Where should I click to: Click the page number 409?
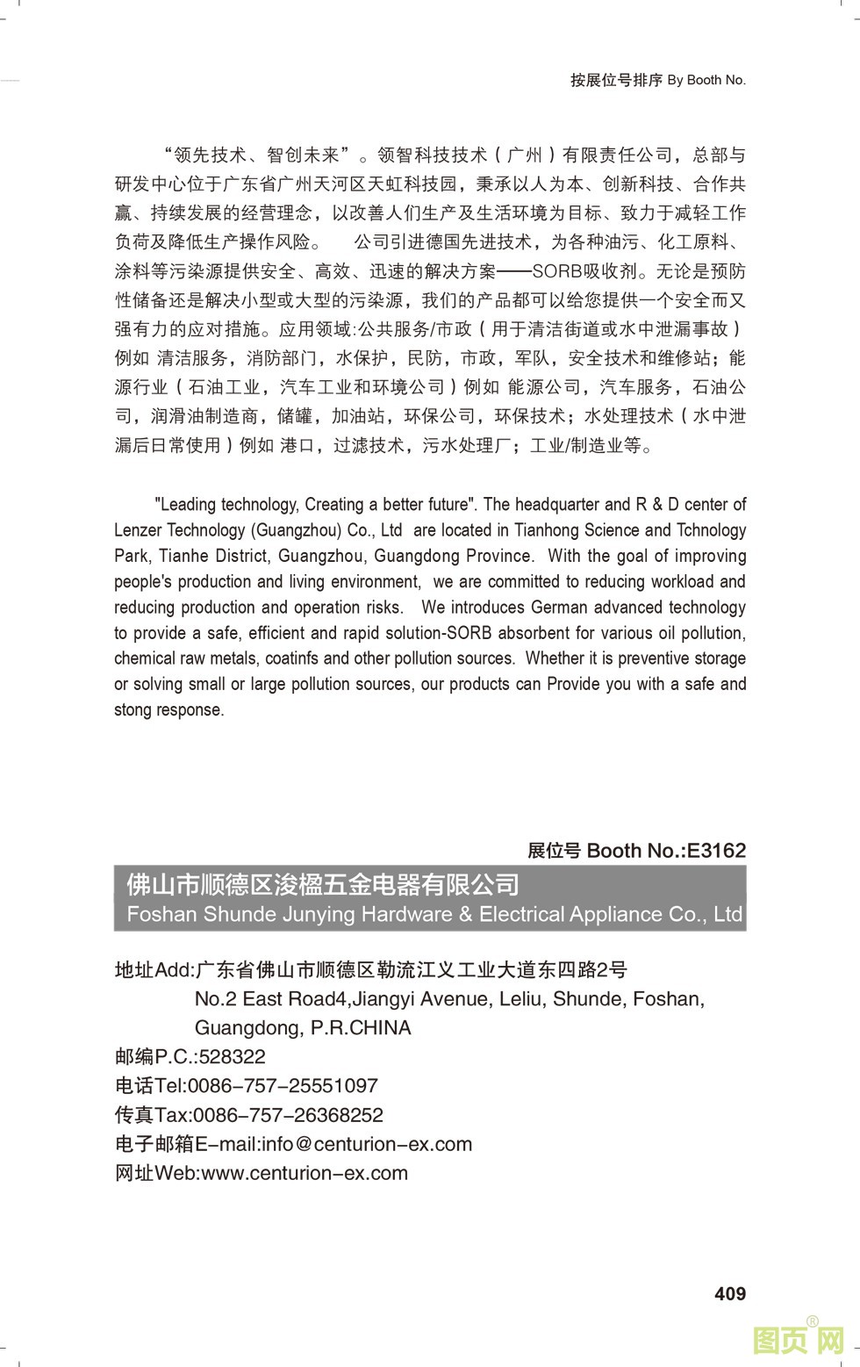pos(730,1293)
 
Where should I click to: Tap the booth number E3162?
pos(716,850)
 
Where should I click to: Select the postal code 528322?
pos(233,1057)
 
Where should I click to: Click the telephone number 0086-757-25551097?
pos(283,1086)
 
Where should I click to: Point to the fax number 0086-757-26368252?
pos(288,1115)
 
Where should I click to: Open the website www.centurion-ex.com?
pos(305,1173)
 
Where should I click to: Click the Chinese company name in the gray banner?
pos(323,884)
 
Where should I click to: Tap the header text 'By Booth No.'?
pos(706,80)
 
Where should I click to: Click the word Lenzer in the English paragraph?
pos(138,530)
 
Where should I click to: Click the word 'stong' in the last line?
pos(133,709)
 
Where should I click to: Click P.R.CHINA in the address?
pos(361,1028)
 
